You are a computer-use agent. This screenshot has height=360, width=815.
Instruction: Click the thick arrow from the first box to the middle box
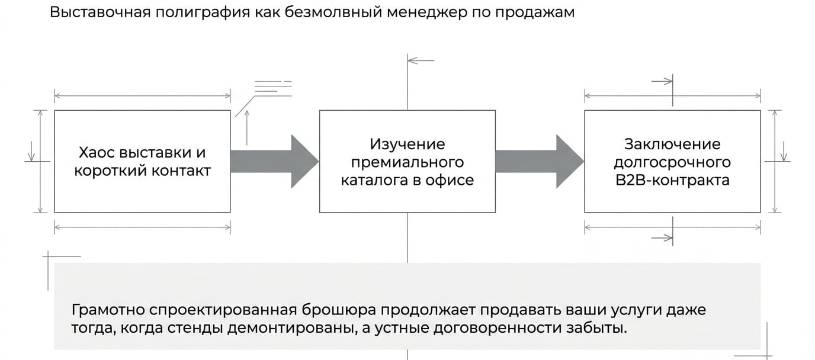coord(275,161)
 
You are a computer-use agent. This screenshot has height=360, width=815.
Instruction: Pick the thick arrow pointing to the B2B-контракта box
coord(540,161)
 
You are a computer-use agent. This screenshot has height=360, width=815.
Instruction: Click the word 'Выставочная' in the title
coord(100,12)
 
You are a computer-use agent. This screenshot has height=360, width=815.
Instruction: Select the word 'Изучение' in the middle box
coord(407,144)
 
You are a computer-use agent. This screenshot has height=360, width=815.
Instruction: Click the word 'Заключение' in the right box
coord(672,144)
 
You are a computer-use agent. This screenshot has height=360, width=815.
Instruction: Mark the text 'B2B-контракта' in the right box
coord(672,180)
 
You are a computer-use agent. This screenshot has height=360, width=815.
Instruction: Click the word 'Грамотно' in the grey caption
coord(108,310)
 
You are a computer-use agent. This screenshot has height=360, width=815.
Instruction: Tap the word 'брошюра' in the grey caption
coord(339,310)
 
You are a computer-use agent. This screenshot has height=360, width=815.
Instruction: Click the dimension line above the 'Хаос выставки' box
coord(142,96)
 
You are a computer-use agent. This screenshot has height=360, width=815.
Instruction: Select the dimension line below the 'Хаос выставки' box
coord(142,227)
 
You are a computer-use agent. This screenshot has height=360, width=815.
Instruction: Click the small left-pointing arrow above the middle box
coord(421,60)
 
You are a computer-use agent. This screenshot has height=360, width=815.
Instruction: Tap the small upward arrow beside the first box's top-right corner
coord(247,128)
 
